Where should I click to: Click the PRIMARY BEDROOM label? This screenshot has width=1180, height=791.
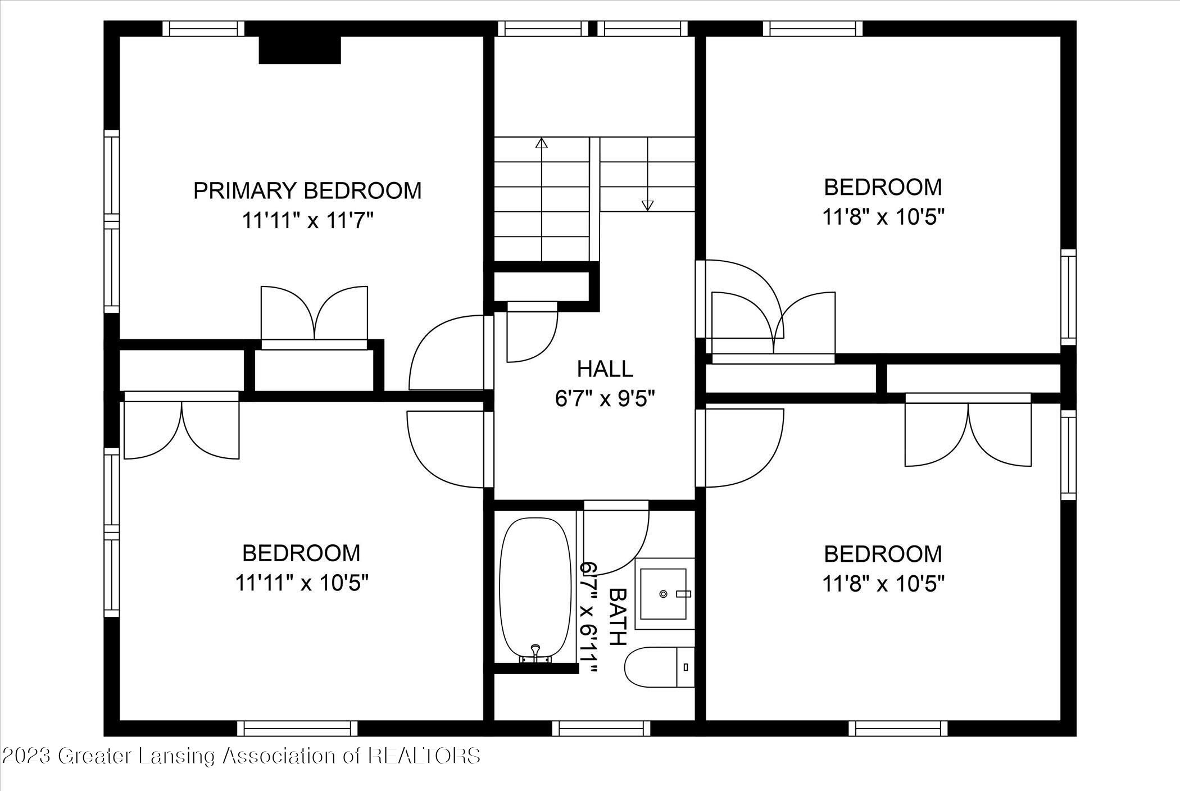tap(307, 191)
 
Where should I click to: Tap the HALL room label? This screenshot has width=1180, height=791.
tap(605, 369)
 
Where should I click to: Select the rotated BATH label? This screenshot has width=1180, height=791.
tap(618, 617)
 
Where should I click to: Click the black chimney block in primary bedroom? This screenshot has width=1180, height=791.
tap(299, 50)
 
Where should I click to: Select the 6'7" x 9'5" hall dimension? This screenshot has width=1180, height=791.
tap(605, 399)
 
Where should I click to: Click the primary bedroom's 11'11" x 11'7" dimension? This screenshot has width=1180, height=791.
tap(307, 221)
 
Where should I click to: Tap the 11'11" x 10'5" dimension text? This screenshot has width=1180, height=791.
tap(301, 583)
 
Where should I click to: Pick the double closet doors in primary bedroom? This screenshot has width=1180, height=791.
tap(314, 315)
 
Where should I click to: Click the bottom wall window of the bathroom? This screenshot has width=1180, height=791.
tap(601, 729)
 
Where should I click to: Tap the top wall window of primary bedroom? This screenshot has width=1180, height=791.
tap(204, 29)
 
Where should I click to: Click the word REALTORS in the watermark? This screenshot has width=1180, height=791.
tap(424, 756)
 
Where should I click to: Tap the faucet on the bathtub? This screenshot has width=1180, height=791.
tap(535, 652)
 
